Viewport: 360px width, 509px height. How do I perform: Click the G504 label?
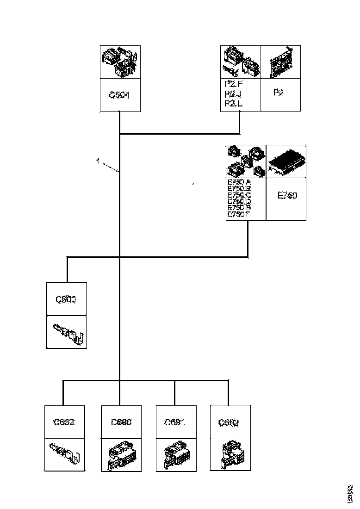pyautogui.click(x=120, y=95)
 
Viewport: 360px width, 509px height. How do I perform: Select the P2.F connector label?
pyautogui.click(x=233, y=84)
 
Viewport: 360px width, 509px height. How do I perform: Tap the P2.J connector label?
pyautogui.click(x=233, y=94)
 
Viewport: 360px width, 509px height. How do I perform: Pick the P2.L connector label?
pyautogui.click(x=233, y=103)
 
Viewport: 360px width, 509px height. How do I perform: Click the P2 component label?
pyautogui.click(x=279, y=93)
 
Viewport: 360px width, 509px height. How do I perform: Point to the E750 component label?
pyautogui.click(x=287, y=196)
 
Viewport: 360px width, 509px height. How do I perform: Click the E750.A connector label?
pyautogui.click(x=239, y=182)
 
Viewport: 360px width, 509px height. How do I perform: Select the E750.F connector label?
pyautogui.click(x=239, y=214)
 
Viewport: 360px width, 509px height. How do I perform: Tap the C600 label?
pyautogui.click(x=66, y=299)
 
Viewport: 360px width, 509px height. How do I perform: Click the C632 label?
pyautogui.click(x=64, y=422)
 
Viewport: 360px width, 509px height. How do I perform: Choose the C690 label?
pyautogui.click(x=121, y=422)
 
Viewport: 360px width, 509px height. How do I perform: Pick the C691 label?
pyautogui.click(x=175, y=422)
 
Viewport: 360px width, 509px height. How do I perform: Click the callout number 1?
pyautogui.click(x=98, y=161)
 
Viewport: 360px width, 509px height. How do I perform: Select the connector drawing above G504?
pyautogui.click(x=120, y=62)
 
